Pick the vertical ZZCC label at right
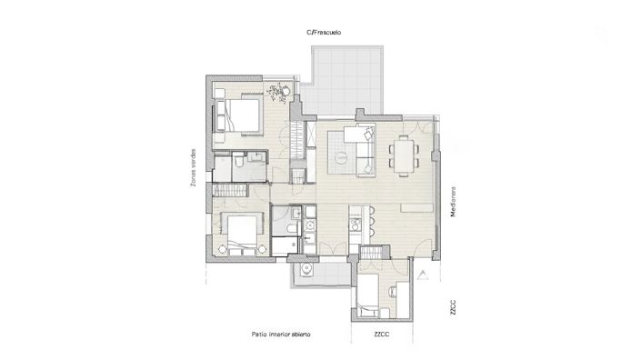[452, 305]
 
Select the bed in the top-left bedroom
[238, 115]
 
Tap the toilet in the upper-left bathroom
[236, 161]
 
